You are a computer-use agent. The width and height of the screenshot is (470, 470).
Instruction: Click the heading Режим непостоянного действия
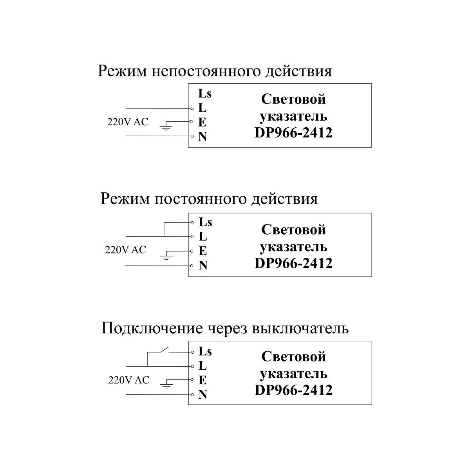215,71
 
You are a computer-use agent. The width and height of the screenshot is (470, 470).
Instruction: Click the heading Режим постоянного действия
209,199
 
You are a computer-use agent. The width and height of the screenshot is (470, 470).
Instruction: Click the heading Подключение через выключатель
225,328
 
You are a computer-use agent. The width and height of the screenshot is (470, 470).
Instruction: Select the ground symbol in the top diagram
166,127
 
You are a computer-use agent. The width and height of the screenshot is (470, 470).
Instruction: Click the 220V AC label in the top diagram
128,122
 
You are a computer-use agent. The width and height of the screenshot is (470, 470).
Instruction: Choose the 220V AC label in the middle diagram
125,250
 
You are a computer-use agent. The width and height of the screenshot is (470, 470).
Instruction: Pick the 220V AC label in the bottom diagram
128,380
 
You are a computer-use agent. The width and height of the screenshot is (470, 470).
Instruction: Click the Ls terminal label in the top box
205,93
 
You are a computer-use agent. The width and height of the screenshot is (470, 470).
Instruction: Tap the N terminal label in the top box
202,137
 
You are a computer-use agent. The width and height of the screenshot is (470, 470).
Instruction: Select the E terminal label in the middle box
203,251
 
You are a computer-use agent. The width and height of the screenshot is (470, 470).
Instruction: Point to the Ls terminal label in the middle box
206,222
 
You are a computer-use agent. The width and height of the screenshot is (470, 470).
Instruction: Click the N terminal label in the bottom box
203,395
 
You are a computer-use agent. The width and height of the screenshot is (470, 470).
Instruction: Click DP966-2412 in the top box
293,133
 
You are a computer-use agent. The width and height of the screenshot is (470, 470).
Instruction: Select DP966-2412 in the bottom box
293,390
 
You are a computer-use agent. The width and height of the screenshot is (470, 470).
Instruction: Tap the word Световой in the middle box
293,230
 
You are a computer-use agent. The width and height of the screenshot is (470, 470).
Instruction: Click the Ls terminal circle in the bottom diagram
192,352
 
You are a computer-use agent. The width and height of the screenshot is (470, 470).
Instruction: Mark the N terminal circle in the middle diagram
192,266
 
